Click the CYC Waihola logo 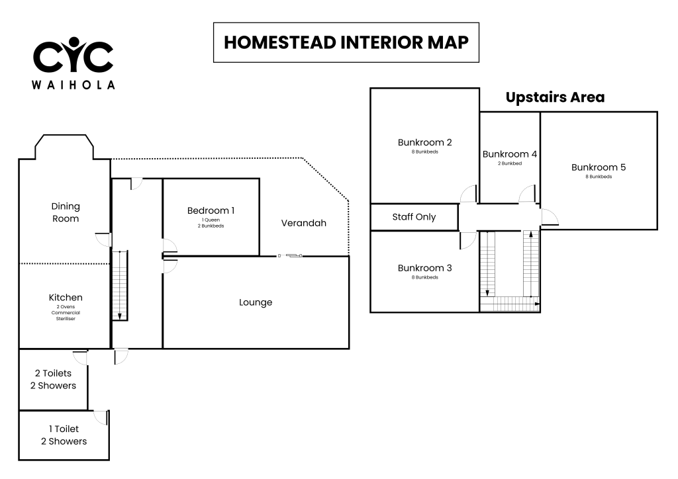[73, 63]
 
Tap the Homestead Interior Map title [346, 42]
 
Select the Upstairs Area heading [555, 97]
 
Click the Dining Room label [66, 212]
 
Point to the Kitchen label [66, 297]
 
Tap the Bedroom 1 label [211, 210]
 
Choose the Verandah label [303, 223]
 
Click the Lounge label [256, 302]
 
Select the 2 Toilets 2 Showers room [53, 379]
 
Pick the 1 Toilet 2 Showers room [64, 435]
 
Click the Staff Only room [414, 217]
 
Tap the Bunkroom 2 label [424, 142]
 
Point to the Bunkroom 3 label [424, 268]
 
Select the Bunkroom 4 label [510, 153]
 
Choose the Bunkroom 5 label [599, 167]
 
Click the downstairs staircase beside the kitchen [120, 286]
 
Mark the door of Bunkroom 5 [549, 217]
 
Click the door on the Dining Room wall [104, 239]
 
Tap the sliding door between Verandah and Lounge [290, 255]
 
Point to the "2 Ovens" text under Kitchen [66, 307]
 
